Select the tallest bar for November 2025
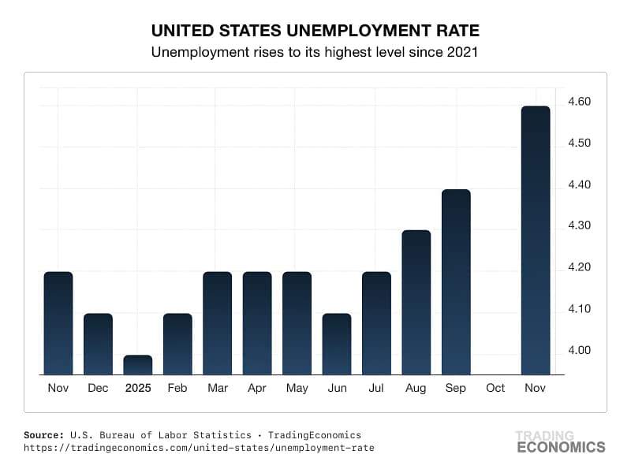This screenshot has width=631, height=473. coord(536,240)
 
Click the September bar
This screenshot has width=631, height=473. coord(456,282)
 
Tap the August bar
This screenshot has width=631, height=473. coord(416,303)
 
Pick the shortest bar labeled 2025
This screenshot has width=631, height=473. coord(137,365)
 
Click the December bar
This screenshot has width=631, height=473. coord(98,345)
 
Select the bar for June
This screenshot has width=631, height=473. coord(337,345)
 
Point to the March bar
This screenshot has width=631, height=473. coord(217,323)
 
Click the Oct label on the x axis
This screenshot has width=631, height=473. coord(495,389)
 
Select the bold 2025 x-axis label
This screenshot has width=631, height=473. coord(137,389)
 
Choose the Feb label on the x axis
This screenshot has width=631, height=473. coord(177,389)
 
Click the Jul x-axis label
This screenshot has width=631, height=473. coord(376,389)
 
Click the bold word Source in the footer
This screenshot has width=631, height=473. coord(45,434)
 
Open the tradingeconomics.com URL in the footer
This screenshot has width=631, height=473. coord(200,448)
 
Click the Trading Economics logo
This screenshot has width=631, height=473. coord(560,441)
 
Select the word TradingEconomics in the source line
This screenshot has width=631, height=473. coord(315,434)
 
